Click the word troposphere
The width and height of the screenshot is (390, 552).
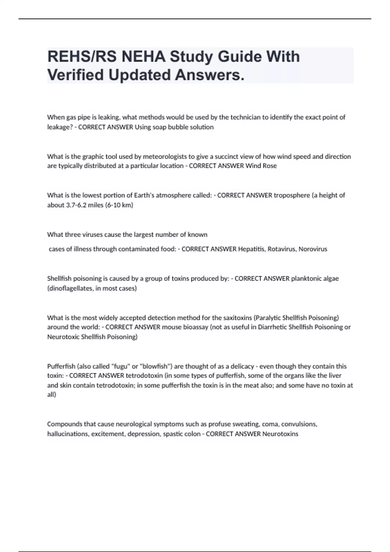[292, 195]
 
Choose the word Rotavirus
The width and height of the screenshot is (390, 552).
[281, 249]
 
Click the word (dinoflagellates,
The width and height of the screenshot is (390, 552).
[70, 288]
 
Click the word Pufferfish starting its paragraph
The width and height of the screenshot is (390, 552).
[61, 366]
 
